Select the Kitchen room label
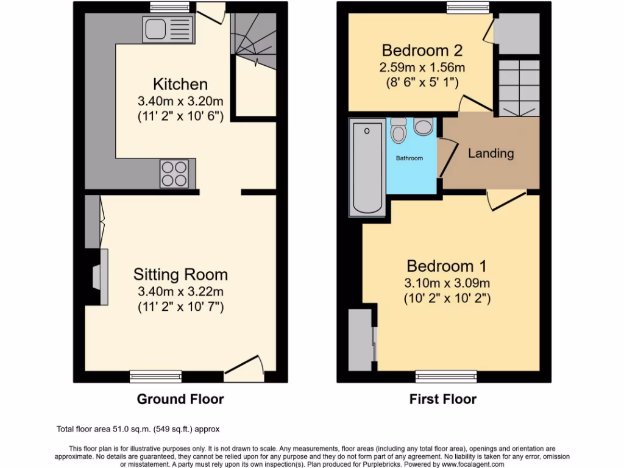(x=180, y=84)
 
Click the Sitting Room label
(x=180, y=275)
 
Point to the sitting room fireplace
(x=99, y=277)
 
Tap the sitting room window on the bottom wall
(x=155, y=377)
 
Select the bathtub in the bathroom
(x=366, y=168)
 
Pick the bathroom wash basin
(x=423, y=127)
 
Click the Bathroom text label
(x=409, y=158)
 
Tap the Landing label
(x=491, y=154)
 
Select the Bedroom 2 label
(x=422, y=50)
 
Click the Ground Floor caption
(x=180, y=400)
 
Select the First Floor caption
(x=442, y=400)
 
